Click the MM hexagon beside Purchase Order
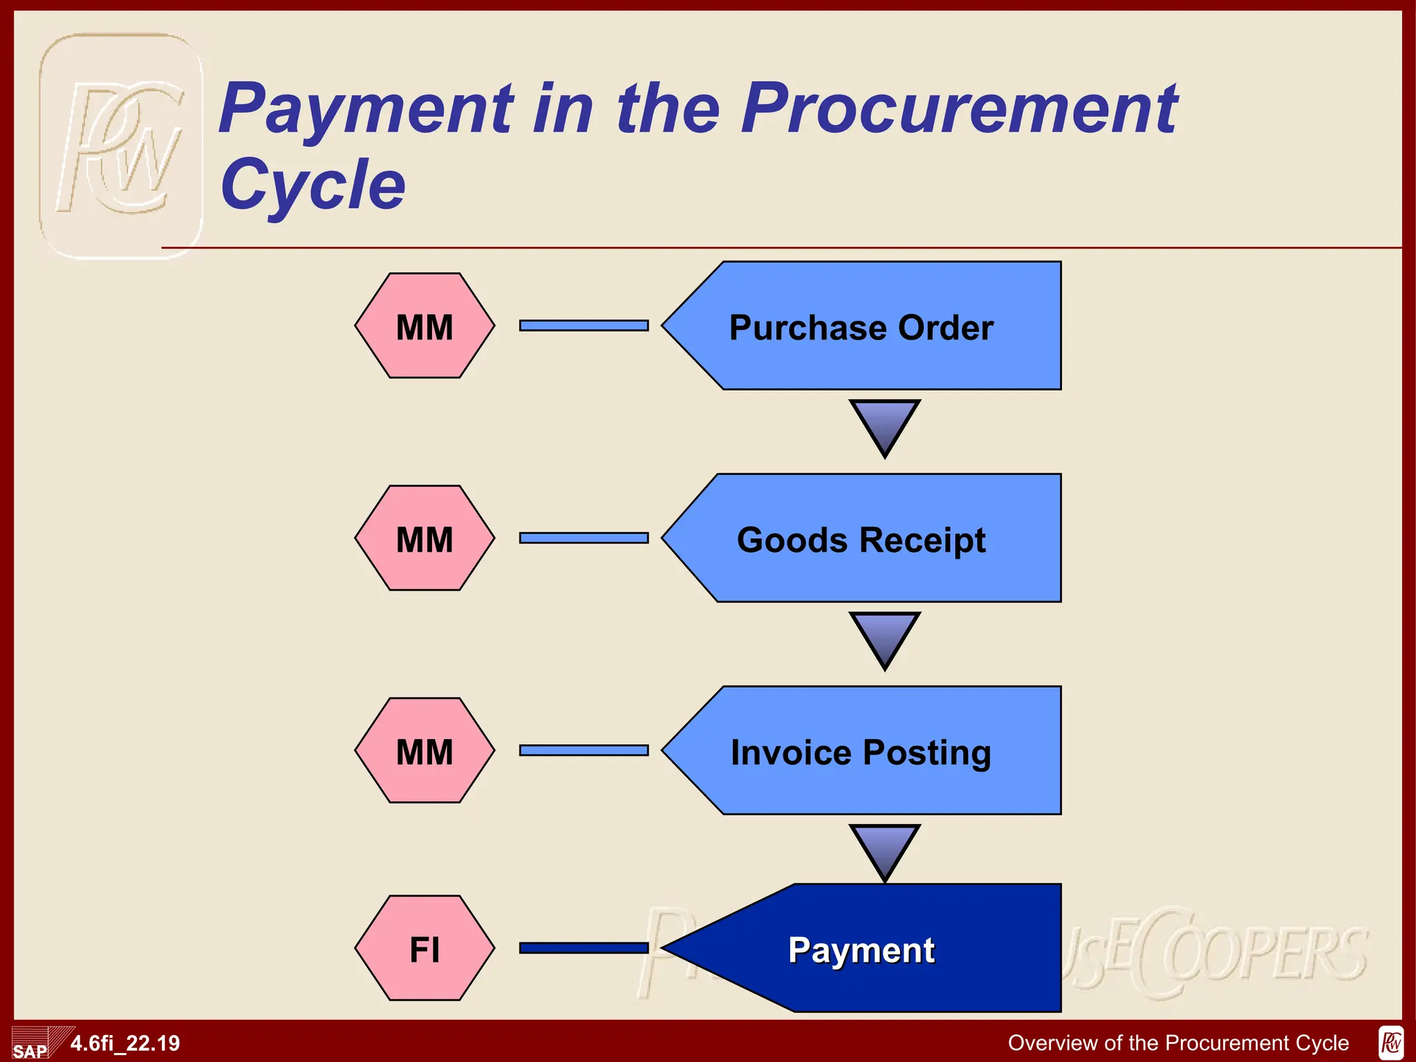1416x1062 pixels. point(425,326)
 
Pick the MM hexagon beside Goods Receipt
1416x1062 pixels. point(425,538)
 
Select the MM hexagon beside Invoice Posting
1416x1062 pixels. point(425,750)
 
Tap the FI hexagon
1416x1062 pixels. point(425,948)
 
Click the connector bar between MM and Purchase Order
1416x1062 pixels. point(584,326)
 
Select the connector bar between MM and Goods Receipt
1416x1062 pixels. point(584,538)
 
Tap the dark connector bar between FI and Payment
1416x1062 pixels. point(584,948)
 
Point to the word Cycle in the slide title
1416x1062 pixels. point(313,184)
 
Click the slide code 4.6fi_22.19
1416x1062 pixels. point(125,1043)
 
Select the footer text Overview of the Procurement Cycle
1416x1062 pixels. point(1178,1043)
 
